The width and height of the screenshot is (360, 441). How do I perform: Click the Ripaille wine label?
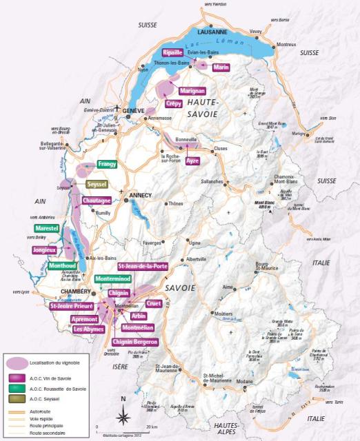pos(172,52)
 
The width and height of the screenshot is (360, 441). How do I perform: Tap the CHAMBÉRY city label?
pos(76,292)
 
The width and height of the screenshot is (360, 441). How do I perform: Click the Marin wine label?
pos(221,67)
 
